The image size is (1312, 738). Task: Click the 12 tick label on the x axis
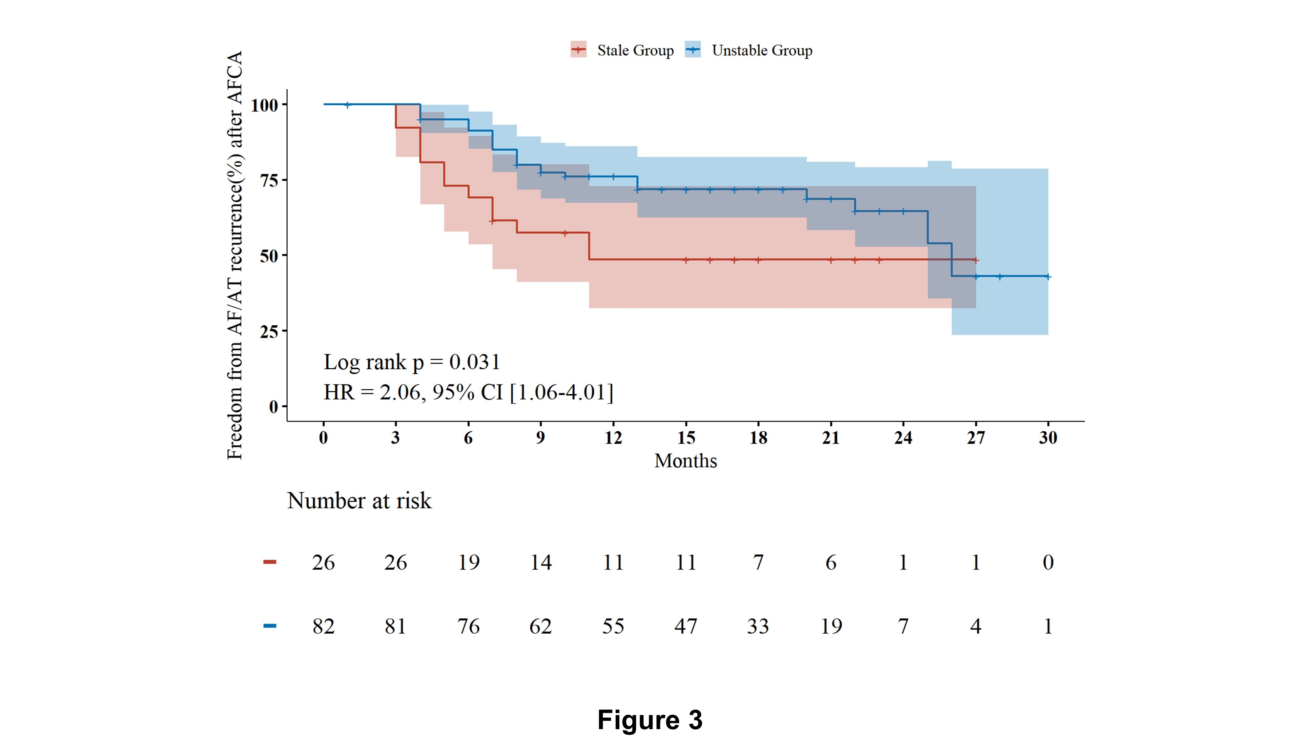(613, 438)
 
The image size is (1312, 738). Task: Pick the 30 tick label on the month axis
(1048, 438)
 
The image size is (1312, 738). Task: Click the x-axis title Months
(686, 461)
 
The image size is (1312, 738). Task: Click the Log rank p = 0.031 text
(412, 362)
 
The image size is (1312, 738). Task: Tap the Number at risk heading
(359, 501)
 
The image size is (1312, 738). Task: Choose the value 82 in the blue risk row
(323, 626)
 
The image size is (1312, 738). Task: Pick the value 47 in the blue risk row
(686, 626)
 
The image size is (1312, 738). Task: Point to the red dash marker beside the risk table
(269, 562)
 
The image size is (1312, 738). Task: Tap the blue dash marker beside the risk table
(269, 626)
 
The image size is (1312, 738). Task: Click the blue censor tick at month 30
(1048, 277)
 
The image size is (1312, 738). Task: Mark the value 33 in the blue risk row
(758, 626)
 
